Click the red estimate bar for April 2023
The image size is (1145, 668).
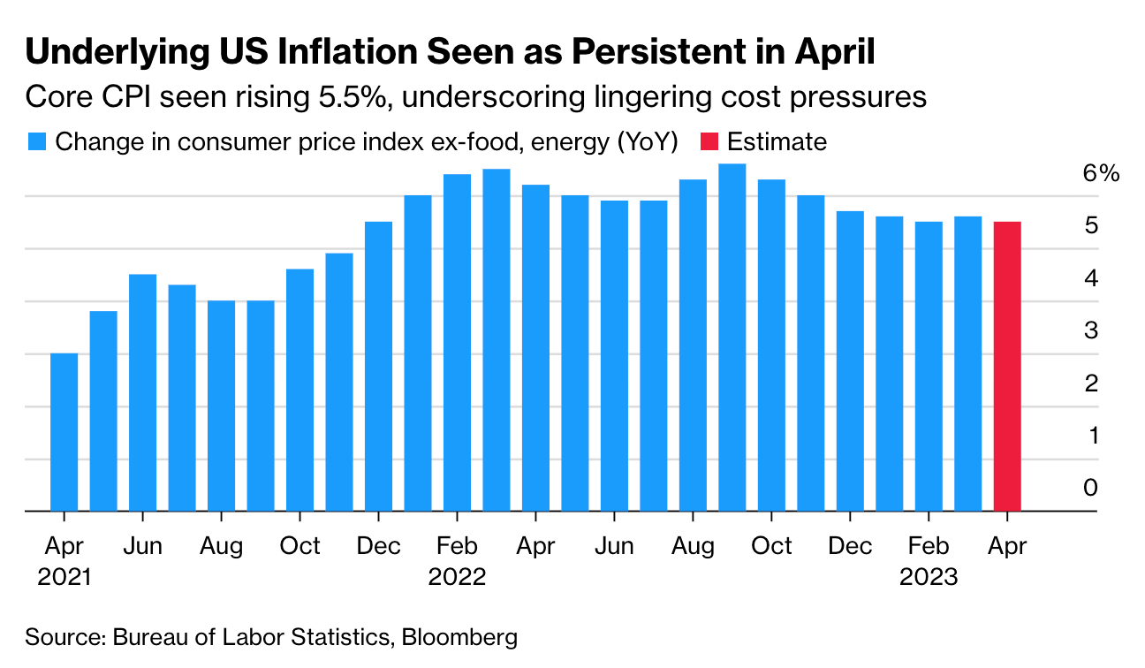(x=1007, y=366)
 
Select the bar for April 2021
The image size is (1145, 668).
(x=64, y=432)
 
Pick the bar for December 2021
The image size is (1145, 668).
(x=378, y=366)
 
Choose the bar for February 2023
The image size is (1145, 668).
(x=929, y=366)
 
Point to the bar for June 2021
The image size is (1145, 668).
(x=142, y=392)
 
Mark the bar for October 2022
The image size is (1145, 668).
(x=771, y=345)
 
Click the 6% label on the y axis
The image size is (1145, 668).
(x=1101, y=173)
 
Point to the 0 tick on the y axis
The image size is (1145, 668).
(x=1091, y=488)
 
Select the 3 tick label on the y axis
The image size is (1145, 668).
(x=1091, y=330)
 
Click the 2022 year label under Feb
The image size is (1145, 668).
(x=457, y=577)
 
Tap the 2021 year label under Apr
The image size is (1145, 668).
(x=64, y=577)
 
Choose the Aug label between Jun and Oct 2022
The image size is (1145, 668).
(x=693, y=547)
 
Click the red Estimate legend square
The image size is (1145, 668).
(x=709, y=142)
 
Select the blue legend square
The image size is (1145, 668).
(x=36, y=142)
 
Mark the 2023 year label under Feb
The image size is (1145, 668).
(x=929, y=577)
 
